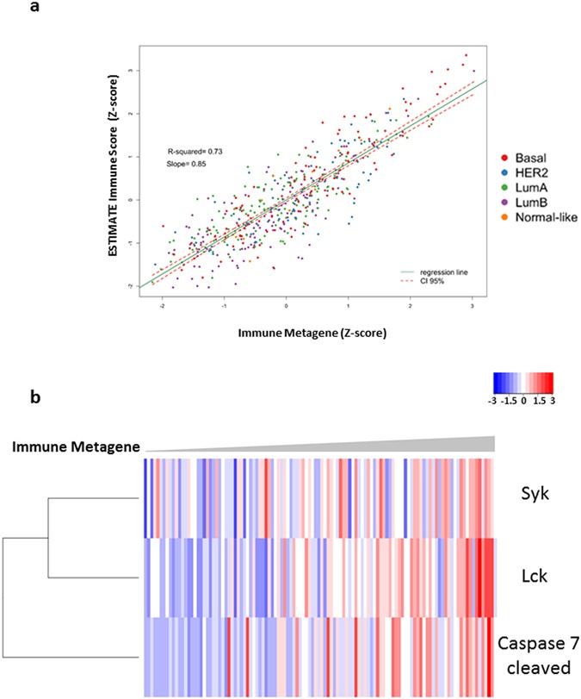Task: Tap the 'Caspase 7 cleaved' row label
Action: pyautogui.click(x=539, y=652)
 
